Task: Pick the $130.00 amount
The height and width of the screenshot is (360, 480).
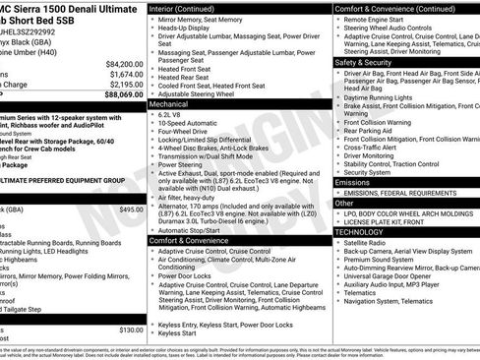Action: coord(131,330)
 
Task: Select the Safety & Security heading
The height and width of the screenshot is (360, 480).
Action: coord(364,61)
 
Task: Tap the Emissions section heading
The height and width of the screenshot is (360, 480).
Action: coord(353,182)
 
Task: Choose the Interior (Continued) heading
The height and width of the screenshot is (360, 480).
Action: coord(189,8)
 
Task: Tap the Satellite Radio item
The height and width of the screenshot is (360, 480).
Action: coord(366,241)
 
